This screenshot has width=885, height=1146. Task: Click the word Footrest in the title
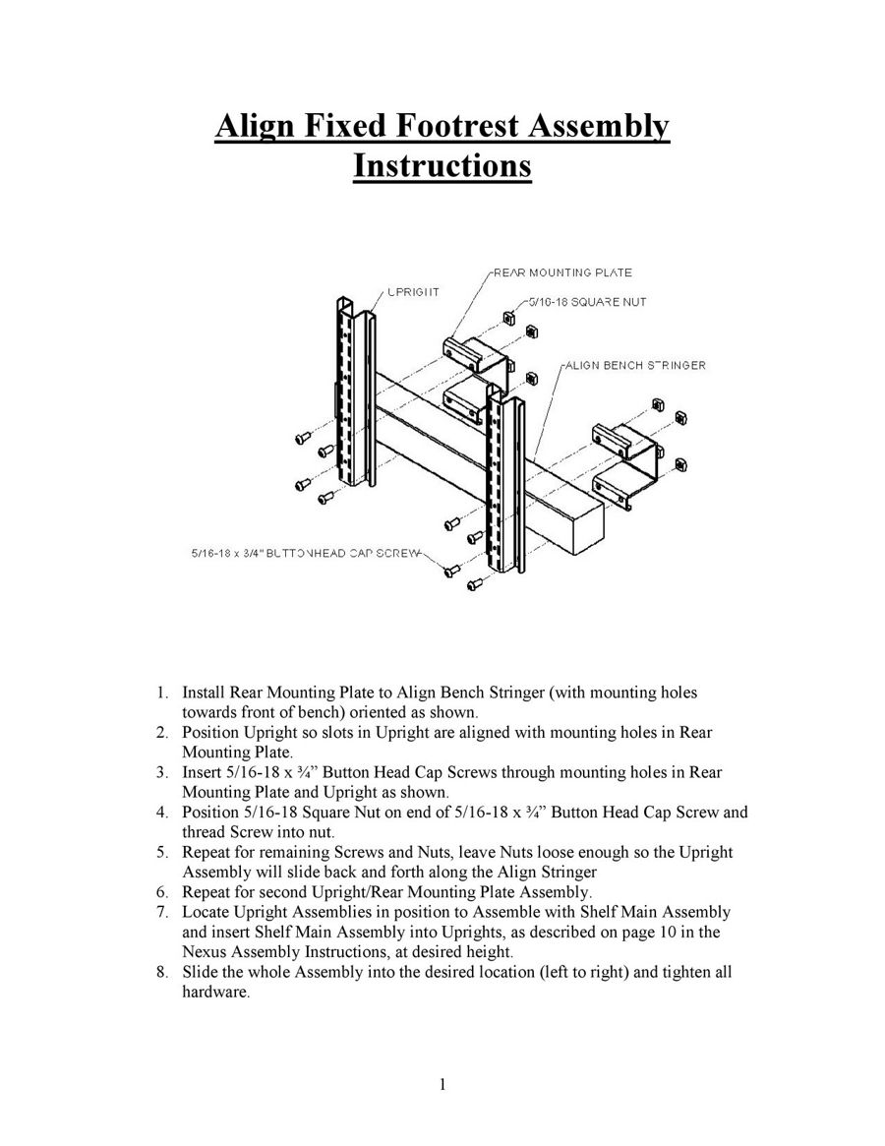click(454, 127)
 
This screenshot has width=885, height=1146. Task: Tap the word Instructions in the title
click(442, 165)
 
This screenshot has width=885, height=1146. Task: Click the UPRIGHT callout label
click(412, 292)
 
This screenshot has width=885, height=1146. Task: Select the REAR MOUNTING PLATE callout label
click(561, 272)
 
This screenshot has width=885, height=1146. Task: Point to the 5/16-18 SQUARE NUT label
click(586, 302)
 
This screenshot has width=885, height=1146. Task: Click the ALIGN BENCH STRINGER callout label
click(634, 365)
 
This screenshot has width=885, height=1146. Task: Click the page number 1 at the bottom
click(442, 1085)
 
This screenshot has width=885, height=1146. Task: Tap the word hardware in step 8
click(215, 993)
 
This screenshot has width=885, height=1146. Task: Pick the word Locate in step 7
click(206, 913)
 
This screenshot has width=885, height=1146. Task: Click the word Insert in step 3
click(202, 772)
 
